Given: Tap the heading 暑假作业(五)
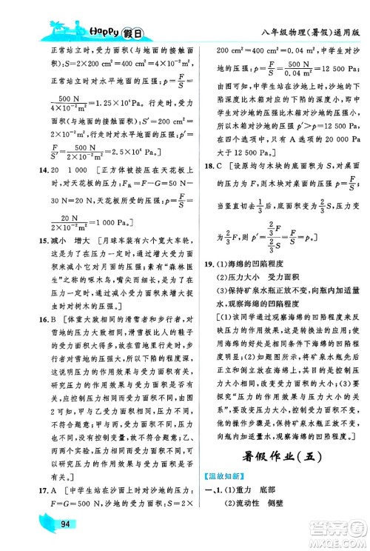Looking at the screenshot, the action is pos(277,455).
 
